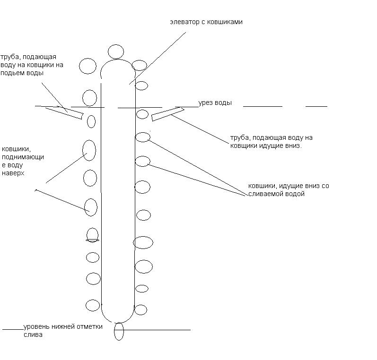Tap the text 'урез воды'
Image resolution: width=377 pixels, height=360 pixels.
click(215, 103)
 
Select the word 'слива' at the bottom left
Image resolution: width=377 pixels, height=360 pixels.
click(33, 335)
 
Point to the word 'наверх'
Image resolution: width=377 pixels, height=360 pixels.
click(13, 173)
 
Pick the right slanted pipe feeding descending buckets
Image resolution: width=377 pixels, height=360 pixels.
click(167, 114)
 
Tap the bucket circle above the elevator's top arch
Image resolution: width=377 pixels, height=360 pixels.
click(116, 51)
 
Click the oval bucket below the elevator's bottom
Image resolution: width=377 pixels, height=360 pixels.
click(119, 331)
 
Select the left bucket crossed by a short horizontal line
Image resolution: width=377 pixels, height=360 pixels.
click(92, 235)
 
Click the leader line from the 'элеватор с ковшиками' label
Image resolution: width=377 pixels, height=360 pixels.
click(158, 58)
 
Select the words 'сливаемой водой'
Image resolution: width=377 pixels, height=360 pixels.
click(276, 194)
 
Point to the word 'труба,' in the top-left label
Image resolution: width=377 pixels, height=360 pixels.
click(9, 57)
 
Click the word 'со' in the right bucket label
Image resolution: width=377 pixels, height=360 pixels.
click(325, 186)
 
